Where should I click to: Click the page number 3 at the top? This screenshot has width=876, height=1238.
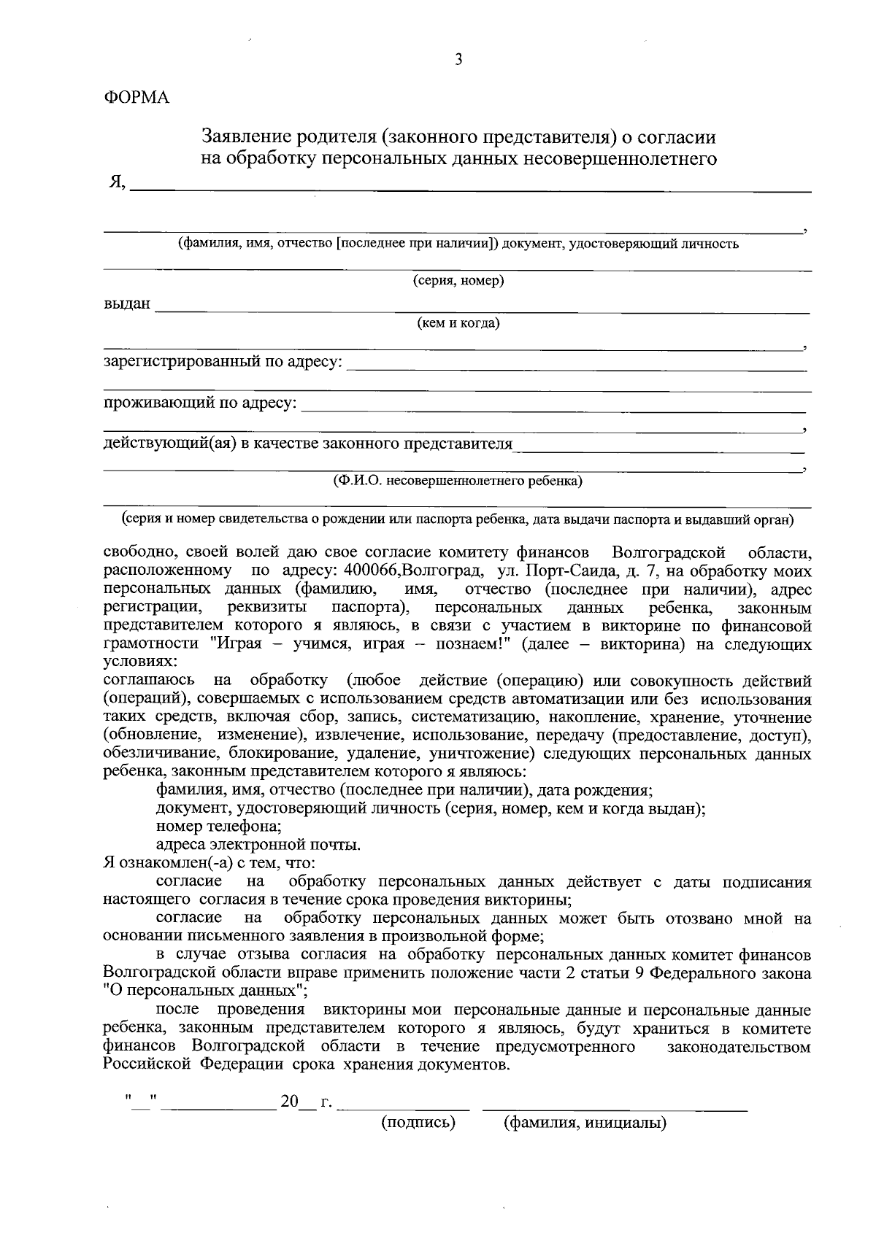[x=458, y=61]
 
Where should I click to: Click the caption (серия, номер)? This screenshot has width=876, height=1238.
[x=458, y=281]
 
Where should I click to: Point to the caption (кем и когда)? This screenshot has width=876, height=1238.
[x=458, y=322]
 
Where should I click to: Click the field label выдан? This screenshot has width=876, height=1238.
[x=127, y=304]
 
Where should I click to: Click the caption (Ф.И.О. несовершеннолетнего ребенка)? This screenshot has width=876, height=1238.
[x=458, y=480]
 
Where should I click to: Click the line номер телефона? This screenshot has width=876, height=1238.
[x=219, y=827]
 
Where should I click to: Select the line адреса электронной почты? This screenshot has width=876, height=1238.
[x=258, y=846]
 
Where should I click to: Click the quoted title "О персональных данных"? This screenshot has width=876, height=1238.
[x=205, y=991]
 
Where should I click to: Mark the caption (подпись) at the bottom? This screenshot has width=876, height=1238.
[x=418, y=1123]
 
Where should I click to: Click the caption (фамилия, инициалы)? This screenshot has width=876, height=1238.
[x=585, y=1123]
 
